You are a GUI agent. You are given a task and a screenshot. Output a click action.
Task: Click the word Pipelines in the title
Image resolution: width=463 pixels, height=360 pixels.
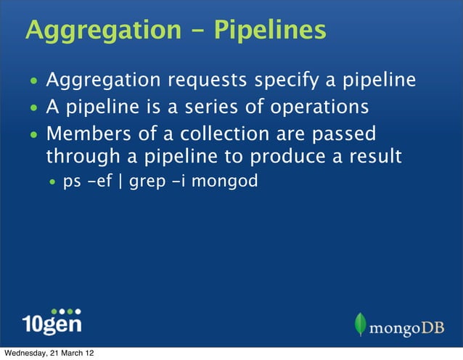coord(269,31)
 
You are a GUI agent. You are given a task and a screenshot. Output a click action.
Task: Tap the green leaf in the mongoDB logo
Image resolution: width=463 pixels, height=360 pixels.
coord(361,325)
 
